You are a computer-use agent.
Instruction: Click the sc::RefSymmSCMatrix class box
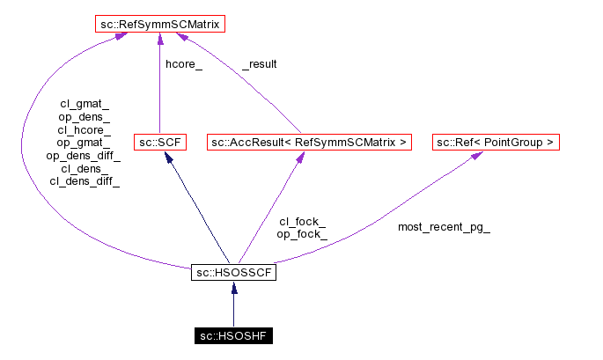point(158,24)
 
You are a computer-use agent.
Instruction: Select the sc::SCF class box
point(159,141)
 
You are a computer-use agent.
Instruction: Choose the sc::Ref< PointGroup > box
point(496,141)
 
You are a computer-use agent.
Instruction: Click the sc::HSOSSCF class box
point(233,273)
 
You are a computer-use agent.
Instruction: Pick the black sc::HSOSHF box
point(233,335)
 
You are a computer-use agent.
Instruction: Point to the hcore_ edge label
point(184,64)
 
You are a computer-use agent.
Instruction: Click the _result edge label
point(260,64)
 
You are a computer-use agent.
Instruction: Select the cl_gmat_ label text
point(85,103)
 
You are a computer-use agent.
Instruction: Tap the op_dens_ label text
point(85,116)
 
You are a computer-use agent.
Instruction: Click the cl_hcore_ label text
point(85,129)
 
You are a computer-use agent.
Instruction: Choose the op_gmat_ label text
point(85,143)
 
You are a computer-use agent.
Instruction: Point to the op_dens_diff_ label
point(85,156)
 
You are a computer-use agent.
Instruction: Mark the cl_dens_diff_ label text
point(85,181)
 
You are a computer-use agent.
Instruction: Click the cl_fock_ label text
point(302,222)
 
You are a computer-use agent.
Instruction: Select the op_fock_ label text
point(302,235)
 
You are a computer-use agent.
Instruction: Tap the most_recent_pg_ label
point(444,227)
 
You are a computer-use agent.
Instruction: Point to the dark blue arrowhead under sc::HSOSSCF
point(233,288)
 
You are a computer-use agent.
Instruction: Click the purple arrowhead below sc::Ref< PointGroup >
point(476,155)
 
